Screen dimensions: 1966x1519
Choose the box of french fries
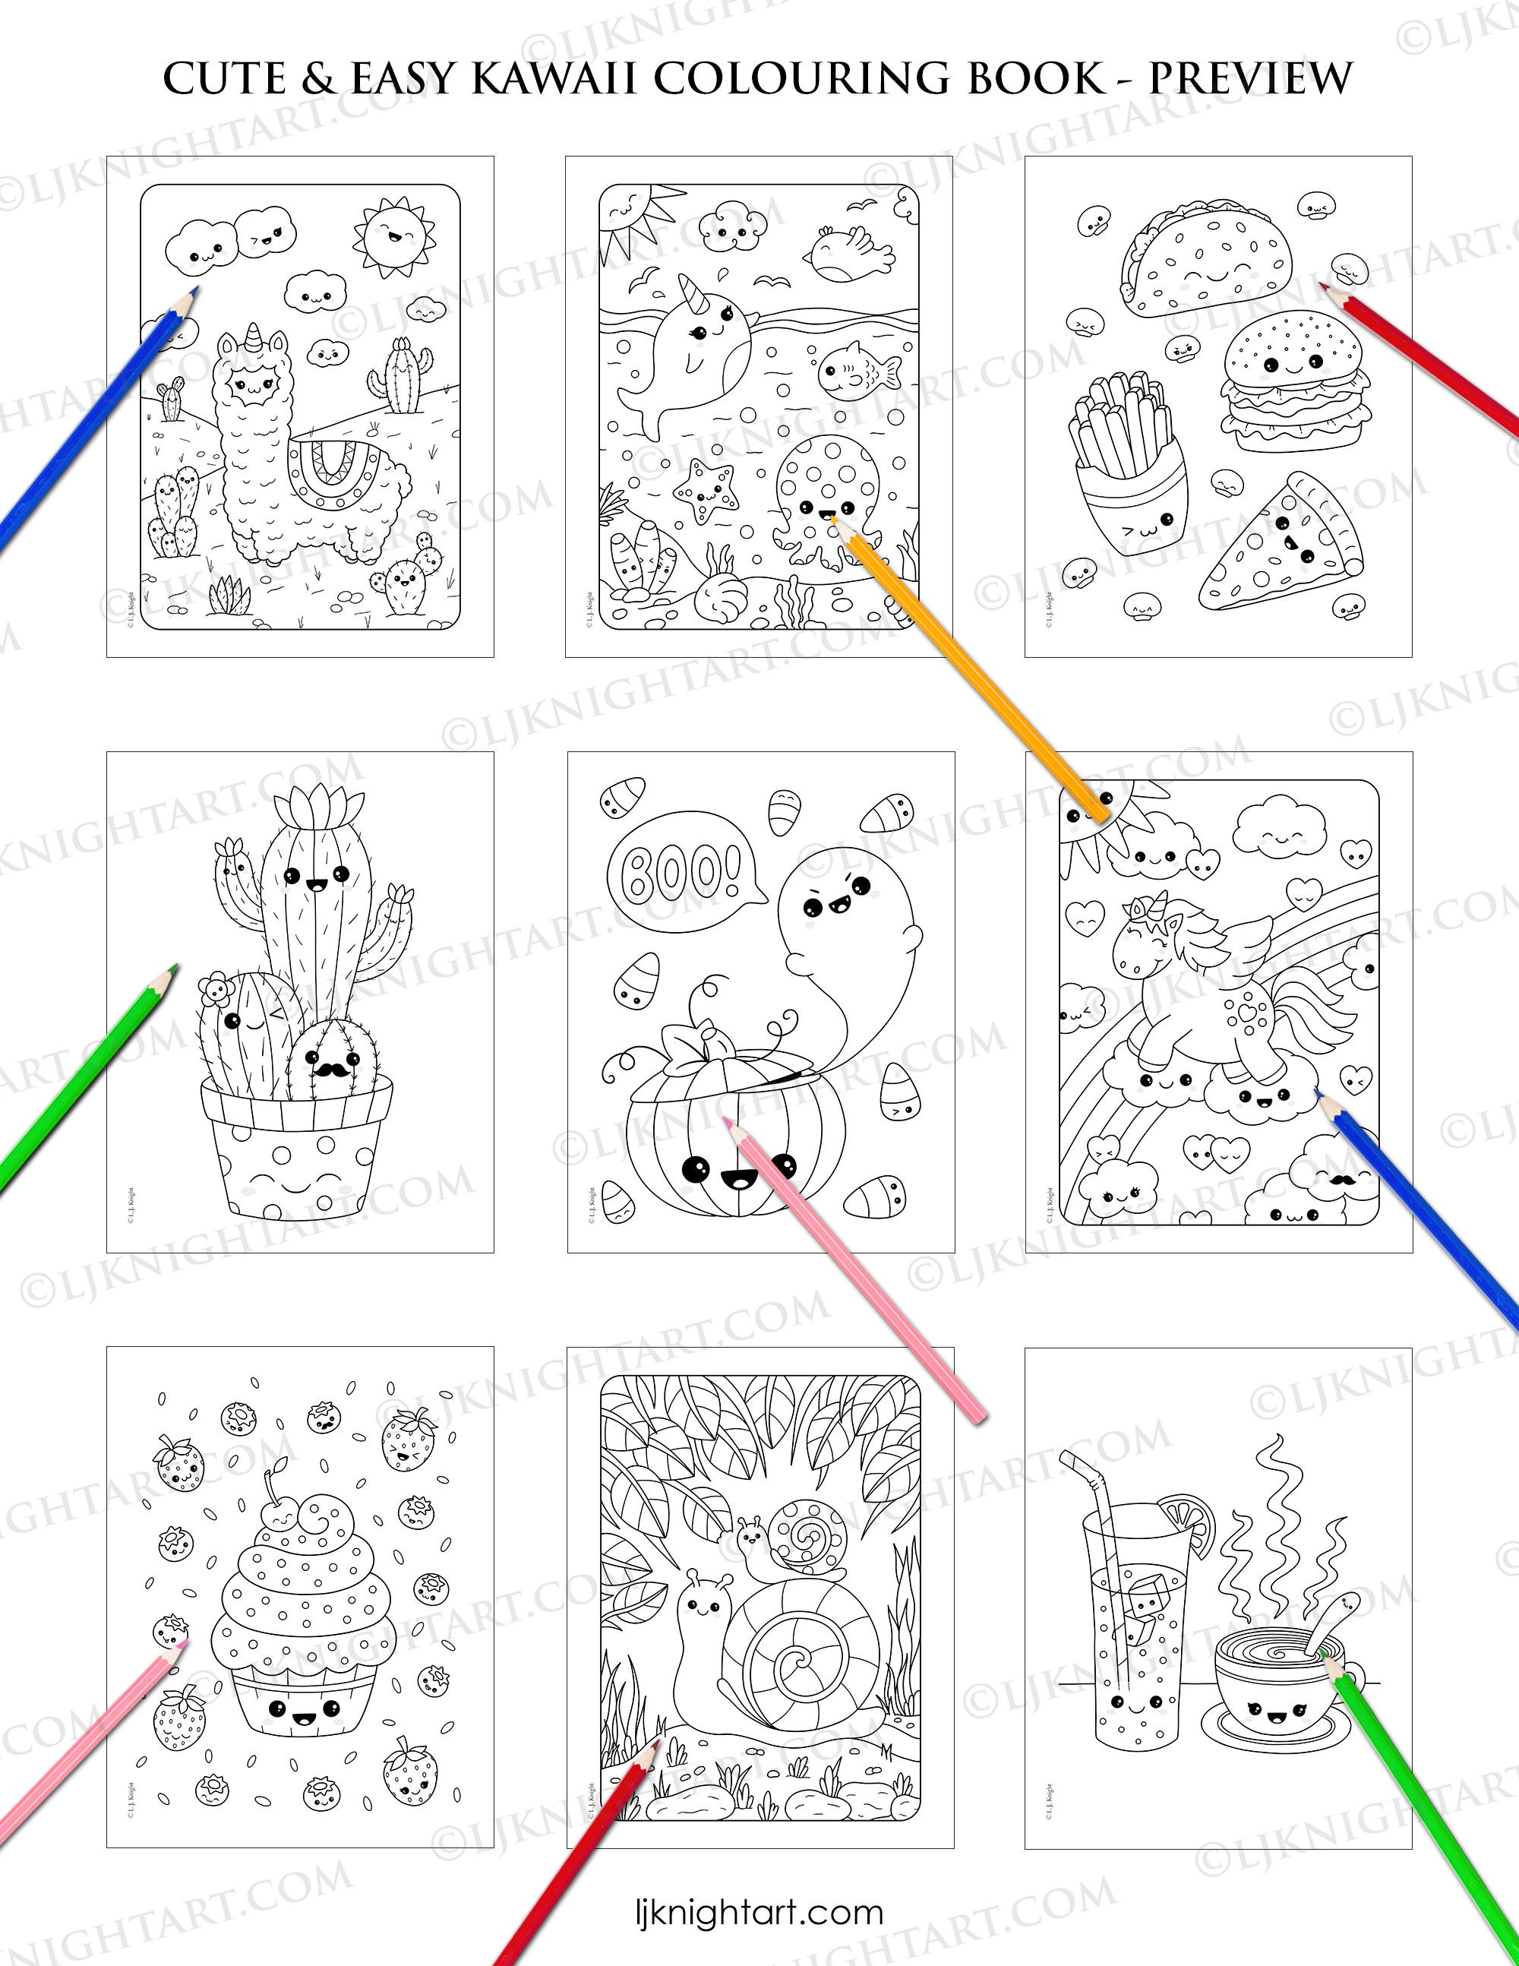click(x=1126, y=481)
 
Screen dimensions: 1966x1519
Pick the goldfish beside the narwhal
click(x=857, y=369)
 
